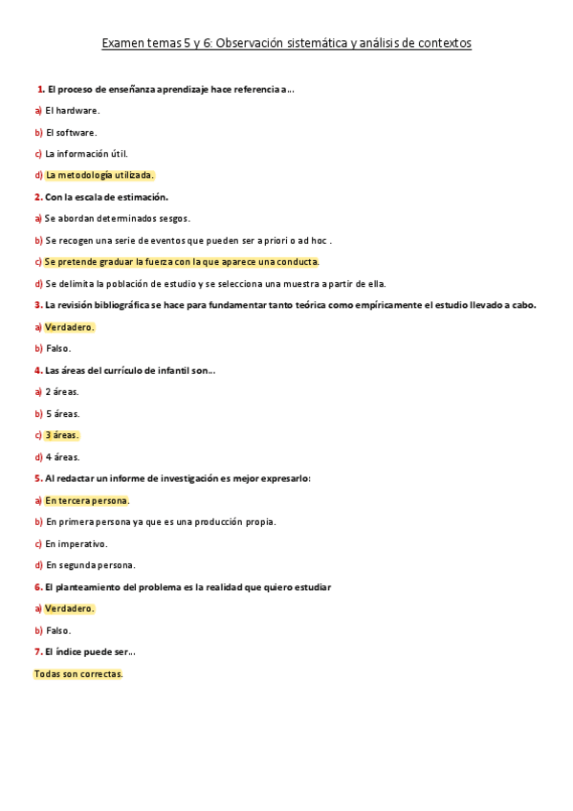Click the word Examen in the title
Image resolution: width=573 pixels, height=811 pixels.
[x=125, y=43]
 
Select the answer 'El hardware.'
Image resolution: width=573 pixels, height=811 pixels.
[x=72, y=110]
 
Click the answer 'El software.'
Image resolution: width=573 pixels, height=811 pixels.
[x=70, y=132]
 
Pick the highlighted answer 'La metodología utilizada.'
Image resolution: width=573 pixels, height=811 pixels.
[x=99, y=175]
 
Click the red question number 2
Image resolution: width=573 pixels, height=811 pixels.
[x=37, y=197]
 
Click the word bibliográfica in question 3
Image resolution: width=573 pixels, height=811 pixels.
[x=123, y=305]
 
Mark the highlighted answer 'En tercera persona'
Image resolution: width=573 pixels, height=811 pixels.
[x=86, y=500]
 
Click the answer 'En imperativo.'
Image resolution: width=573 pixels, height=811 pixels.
[x=76, y=543]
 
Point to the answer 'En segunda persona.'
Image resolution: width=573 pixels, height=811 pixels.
[x=90, y=565]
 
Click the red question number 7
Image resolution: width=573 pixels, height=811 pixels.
[x=37, y=652]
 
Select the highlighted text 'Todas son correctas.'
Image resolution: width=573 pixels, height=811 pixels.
[x=78, y=674]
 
